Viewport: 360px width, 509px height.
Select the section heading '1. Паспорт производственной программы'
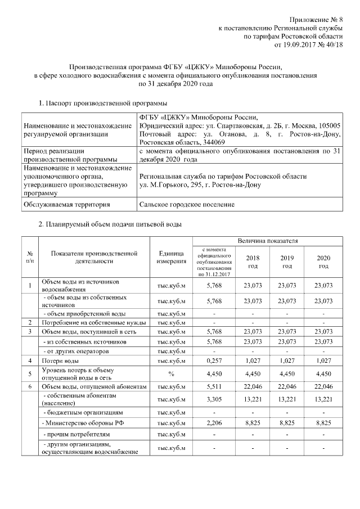(x=102, y=103)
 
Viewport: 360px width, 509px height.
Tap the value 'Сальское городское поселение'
(x=186, y=205)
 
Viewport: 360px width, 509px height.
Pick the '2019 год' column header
(x=287, y=262)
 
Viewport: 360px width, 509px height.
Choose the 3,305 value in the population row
(x=215, y=399)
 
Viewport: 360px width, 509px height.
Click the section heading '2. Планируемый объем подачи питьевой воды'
(x=110, y=224)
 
